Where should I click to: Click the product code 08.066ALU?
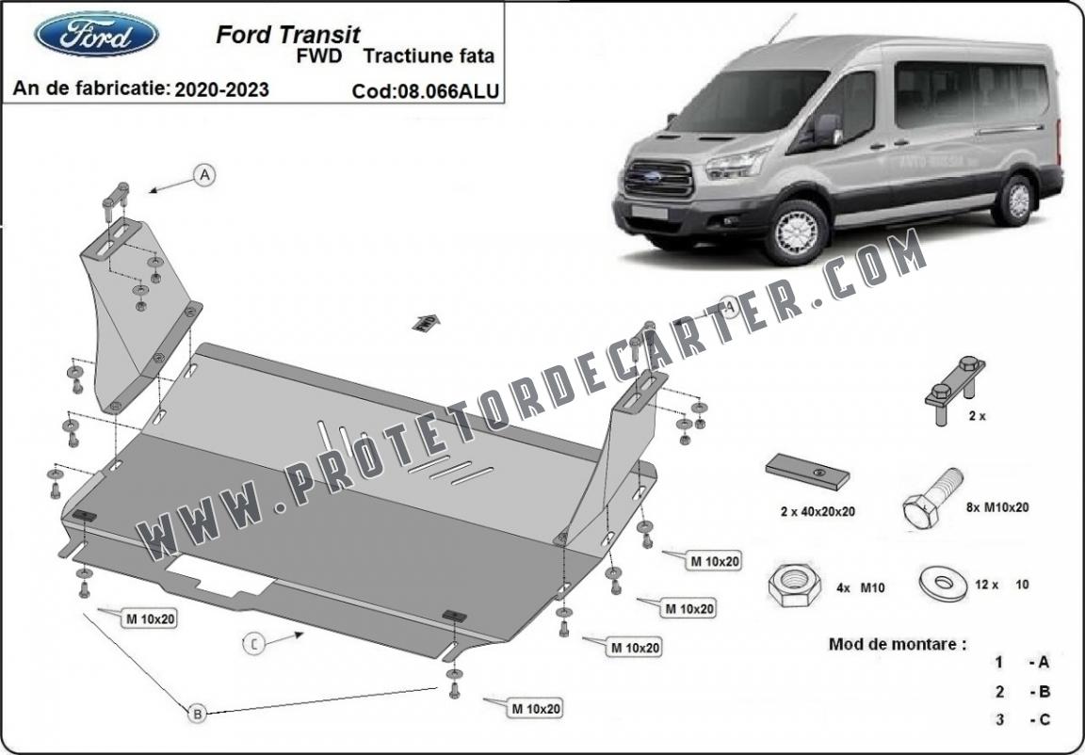point(447,91)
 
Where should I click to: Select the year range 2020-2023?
point(221,89)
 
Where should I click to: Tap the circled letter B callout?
point(198,713)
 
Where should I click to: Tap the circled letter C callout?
point(254,644)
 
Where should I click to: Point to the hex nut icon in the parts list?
point(794,585)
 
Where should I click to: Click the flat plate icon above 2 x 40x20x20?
point(807,472)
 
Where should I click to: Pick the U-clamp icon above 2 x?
point(956,391)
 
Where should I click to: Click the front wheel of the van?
point(796,233)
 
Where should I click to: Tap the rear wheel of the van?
point(1014,201)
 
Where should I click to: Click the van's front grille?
point(658,178)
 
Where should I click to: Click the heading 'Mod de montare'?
point(898,644)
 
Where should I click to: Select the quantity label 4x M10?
point(860,587)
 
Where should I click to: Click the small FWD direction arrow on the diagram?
point(427,322)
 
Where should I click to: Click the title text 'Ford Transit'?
point(288,35)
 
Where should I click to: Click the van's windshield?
point(750,100)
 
